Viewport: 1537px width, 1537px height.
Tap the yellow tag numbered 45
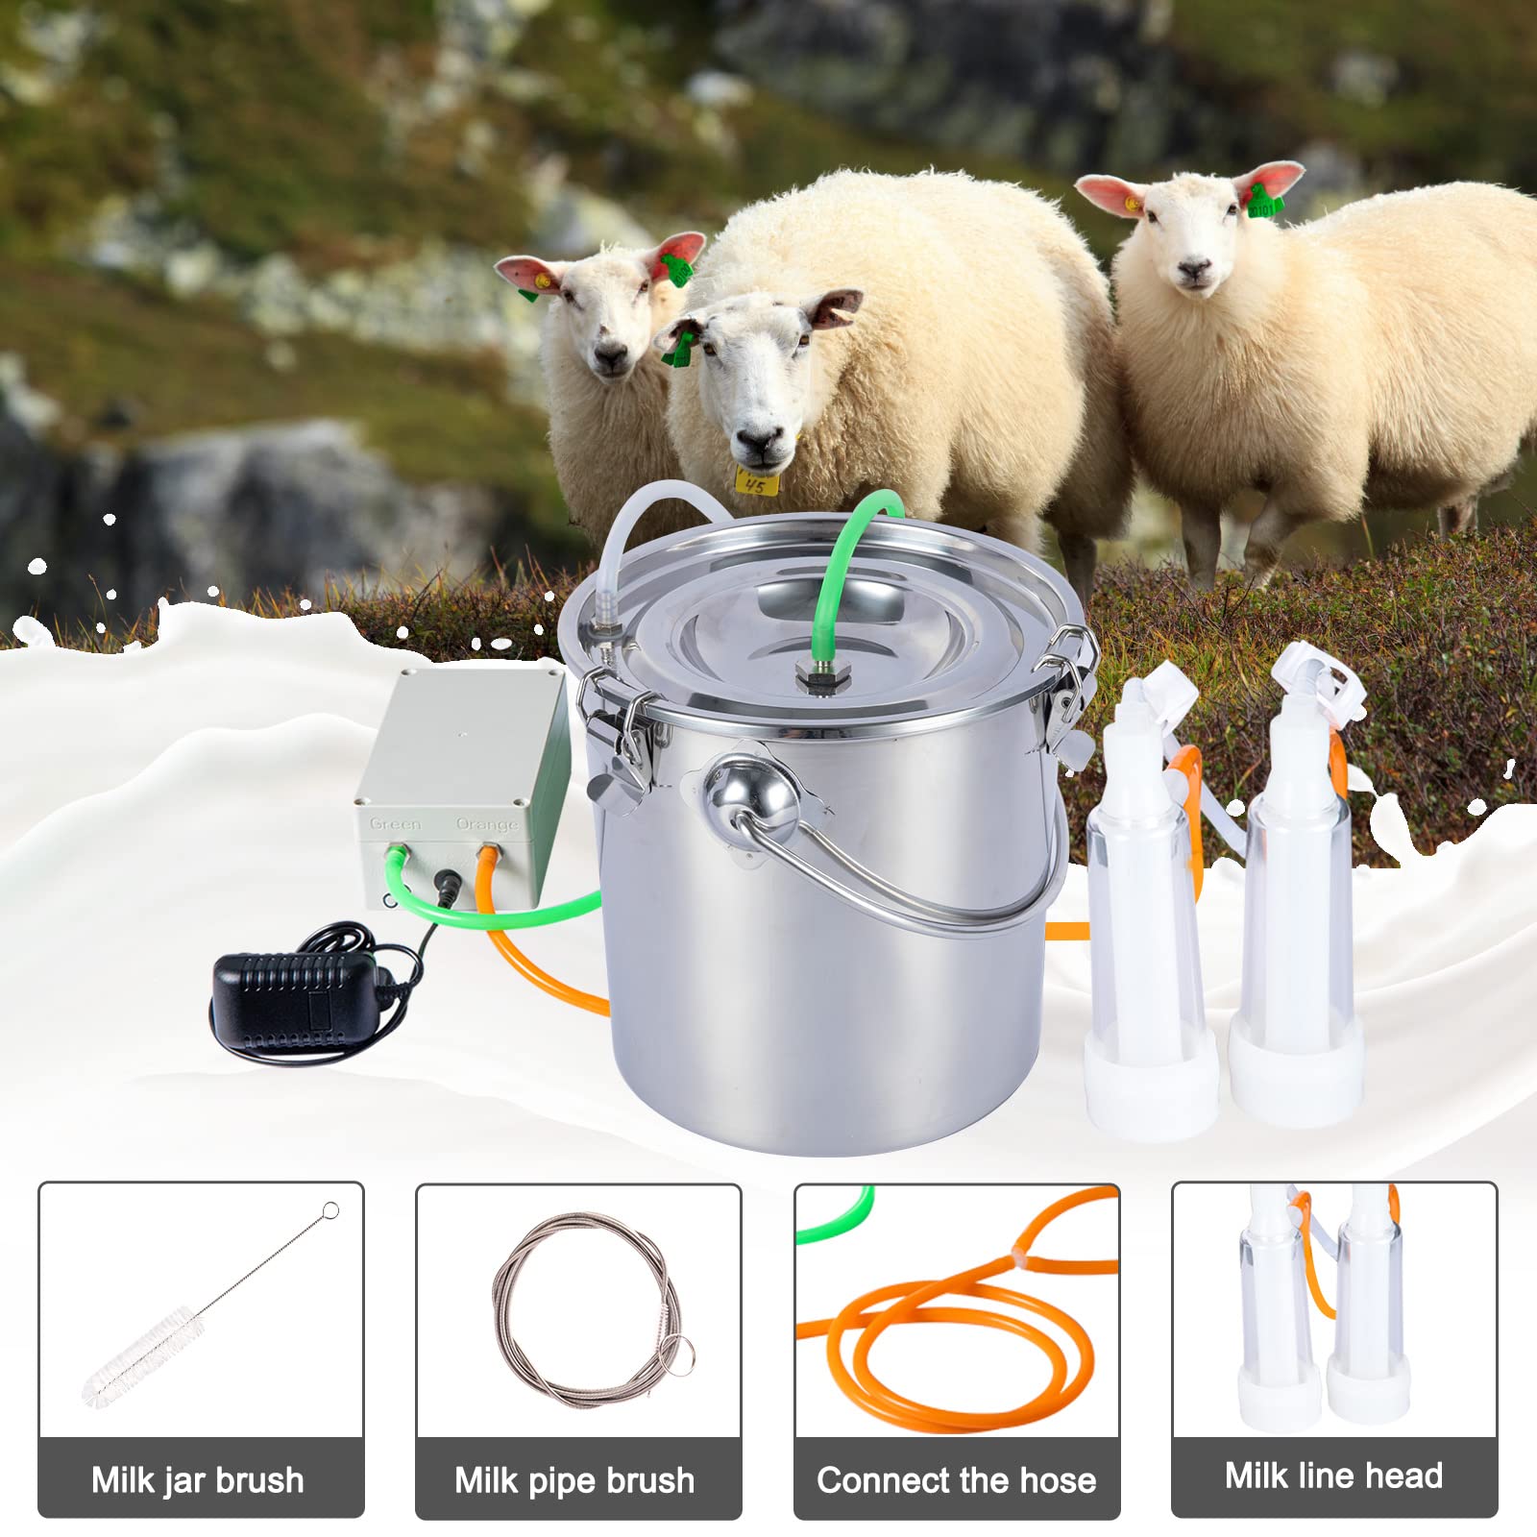click(755, 481)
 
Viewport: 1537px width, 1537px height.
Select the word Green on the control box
click(395, 824)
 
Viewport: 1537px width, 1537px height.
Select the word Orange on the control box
click(487, 824)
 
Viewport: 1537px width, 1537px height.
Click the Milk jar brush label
click(198, 1480)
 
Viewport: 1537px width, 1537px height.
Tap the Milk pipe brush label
click(574, 1480)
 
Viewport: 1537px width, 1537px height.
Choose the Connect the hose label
click(957, 1480)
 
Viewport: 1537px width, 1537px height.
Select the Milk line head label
click(1333, 1476)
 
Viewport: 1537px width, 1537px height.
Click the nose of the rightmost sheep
click(1194, 272)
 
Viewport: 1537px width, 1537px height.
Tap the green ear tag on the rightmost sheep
click(1262, 204)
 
